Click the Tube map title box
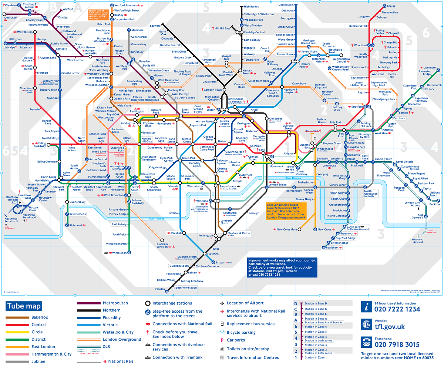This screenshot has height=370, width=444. [24, 306]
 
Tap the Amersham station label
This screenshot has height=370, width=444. [10, 18]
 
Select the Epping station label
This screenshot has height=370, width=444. [391, 6]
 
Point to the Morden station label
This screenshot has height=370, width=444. [160, 289]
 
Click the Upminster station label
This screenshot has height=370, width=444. [430, 68]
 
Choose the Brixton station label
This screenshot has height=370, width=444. [220, 262]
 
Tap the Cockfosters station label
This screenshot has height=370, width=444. [286, 5]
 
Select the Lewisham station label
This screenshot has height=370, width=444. [332, 248]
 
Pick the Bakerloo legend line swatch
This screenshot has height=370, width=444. [17, 317]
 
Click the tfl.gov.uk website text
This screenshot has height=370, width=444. [390, 327]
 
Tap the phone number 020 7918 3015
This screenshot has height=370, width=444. [397, 345]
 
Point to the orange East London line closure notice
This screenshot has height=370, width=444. [286, 211]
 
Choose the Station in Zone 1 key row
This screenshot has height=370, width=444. [316, 357]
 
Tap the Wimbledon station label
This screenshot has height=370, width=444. [119, 253]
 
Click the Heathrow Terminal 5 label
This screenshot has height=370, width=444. [11, 220]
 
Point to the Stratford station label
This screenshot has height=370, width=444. [357, 107]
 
